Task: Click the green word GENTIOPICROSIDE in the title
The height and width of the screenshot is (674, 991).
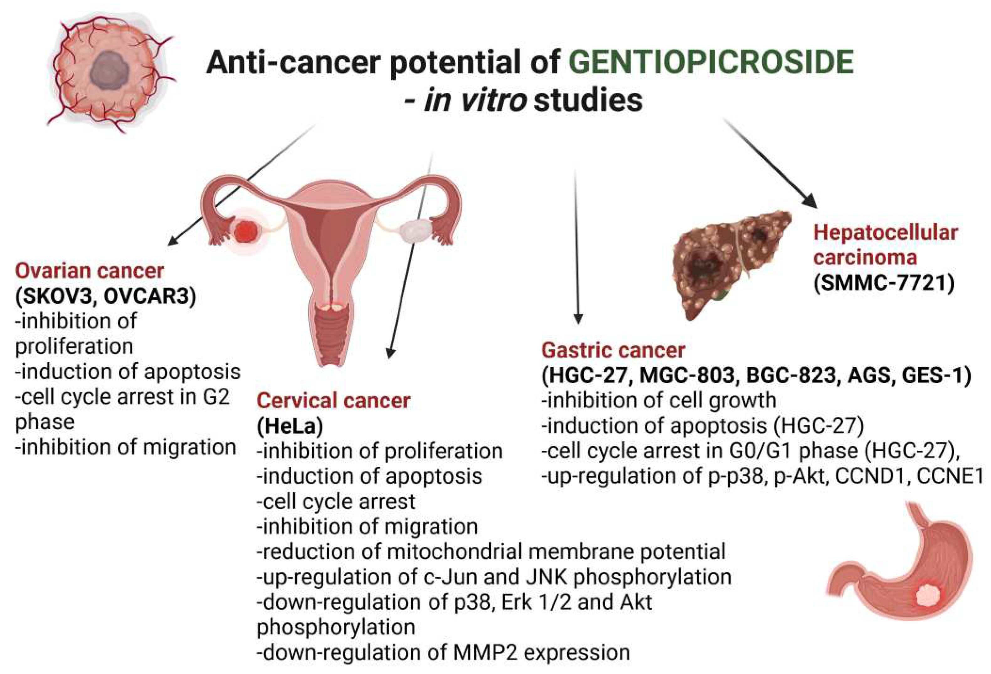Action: pos(712,62)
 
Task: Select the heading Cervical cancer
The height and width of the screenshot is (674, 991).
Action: pos(333,401)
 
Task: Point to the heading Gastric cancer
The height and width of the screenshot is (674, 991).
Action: pos(613,351)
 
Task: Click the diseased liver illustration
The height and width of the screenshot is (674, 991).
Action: pos(731,264)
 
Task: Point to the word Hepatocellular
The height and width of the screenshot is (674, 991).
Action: pos(886,233)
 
